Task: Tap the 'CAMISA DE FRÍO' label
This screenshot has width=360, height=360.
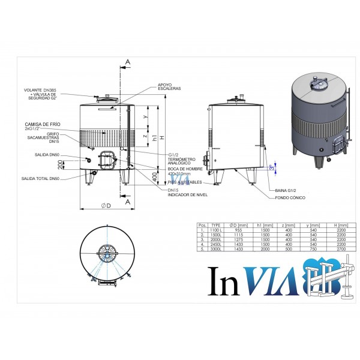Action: (x=41, y=124)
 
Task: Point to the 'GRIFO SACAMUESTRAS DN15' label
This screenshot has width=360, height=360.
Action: (x=44, y=139)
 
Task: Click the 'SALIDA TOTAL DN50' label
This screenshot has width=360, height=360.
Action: (x=40, y=178)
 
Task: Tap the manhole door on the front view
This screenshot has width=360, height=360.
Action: (x=109, y=159)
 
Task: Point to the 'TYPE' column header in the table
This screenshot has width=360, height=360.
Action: (x=216, y=224)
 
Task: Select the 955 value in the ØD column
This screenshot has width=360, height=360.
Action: (x=236, y=229)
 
